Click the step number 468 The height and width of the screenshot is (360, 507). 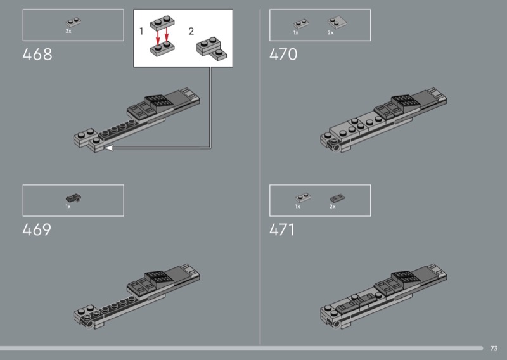pyautogui.click(x=37, y=55)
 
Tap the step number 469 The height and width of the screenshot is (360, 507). pyautogui.click(x=37, y=229)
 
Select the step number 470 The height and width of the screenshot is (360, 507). pyautogui.click(x=283, y=55)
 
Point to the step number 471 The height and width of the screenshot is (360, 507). pyautogui.click(x=283, y=229)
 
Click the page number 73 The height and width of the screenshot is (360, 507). pyautogui.click(x=494, y=348)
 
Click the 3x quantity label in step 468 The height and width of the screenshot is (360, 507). pyautogui.click(x=68, y=30)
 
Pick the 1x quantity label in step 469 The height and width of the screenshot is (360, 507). pyautogui.click(x=68, y=207)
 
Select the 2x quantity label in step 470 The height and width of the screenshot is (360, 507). pyautogui.click(x=331, y=32)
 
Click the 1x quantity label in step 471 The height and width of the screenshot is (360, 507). pyautogui.click(x=297, y=207)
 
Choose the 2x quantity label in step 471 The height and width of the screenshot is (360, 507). pyautogui.click(x=332, y=207)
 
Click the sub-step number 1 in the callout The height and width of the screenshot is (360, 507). pyautogui.click(x=142, y=31)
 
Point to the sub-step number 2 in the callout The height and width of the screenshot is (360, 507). pyautogui.click(x=191, y=31)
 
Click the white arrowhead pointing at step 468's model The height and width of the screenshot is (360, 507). pyautogui.click(x=108, y=148)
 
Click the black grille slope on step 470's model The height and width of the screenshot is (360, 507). pyautogui.click(x=404, y=101)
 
